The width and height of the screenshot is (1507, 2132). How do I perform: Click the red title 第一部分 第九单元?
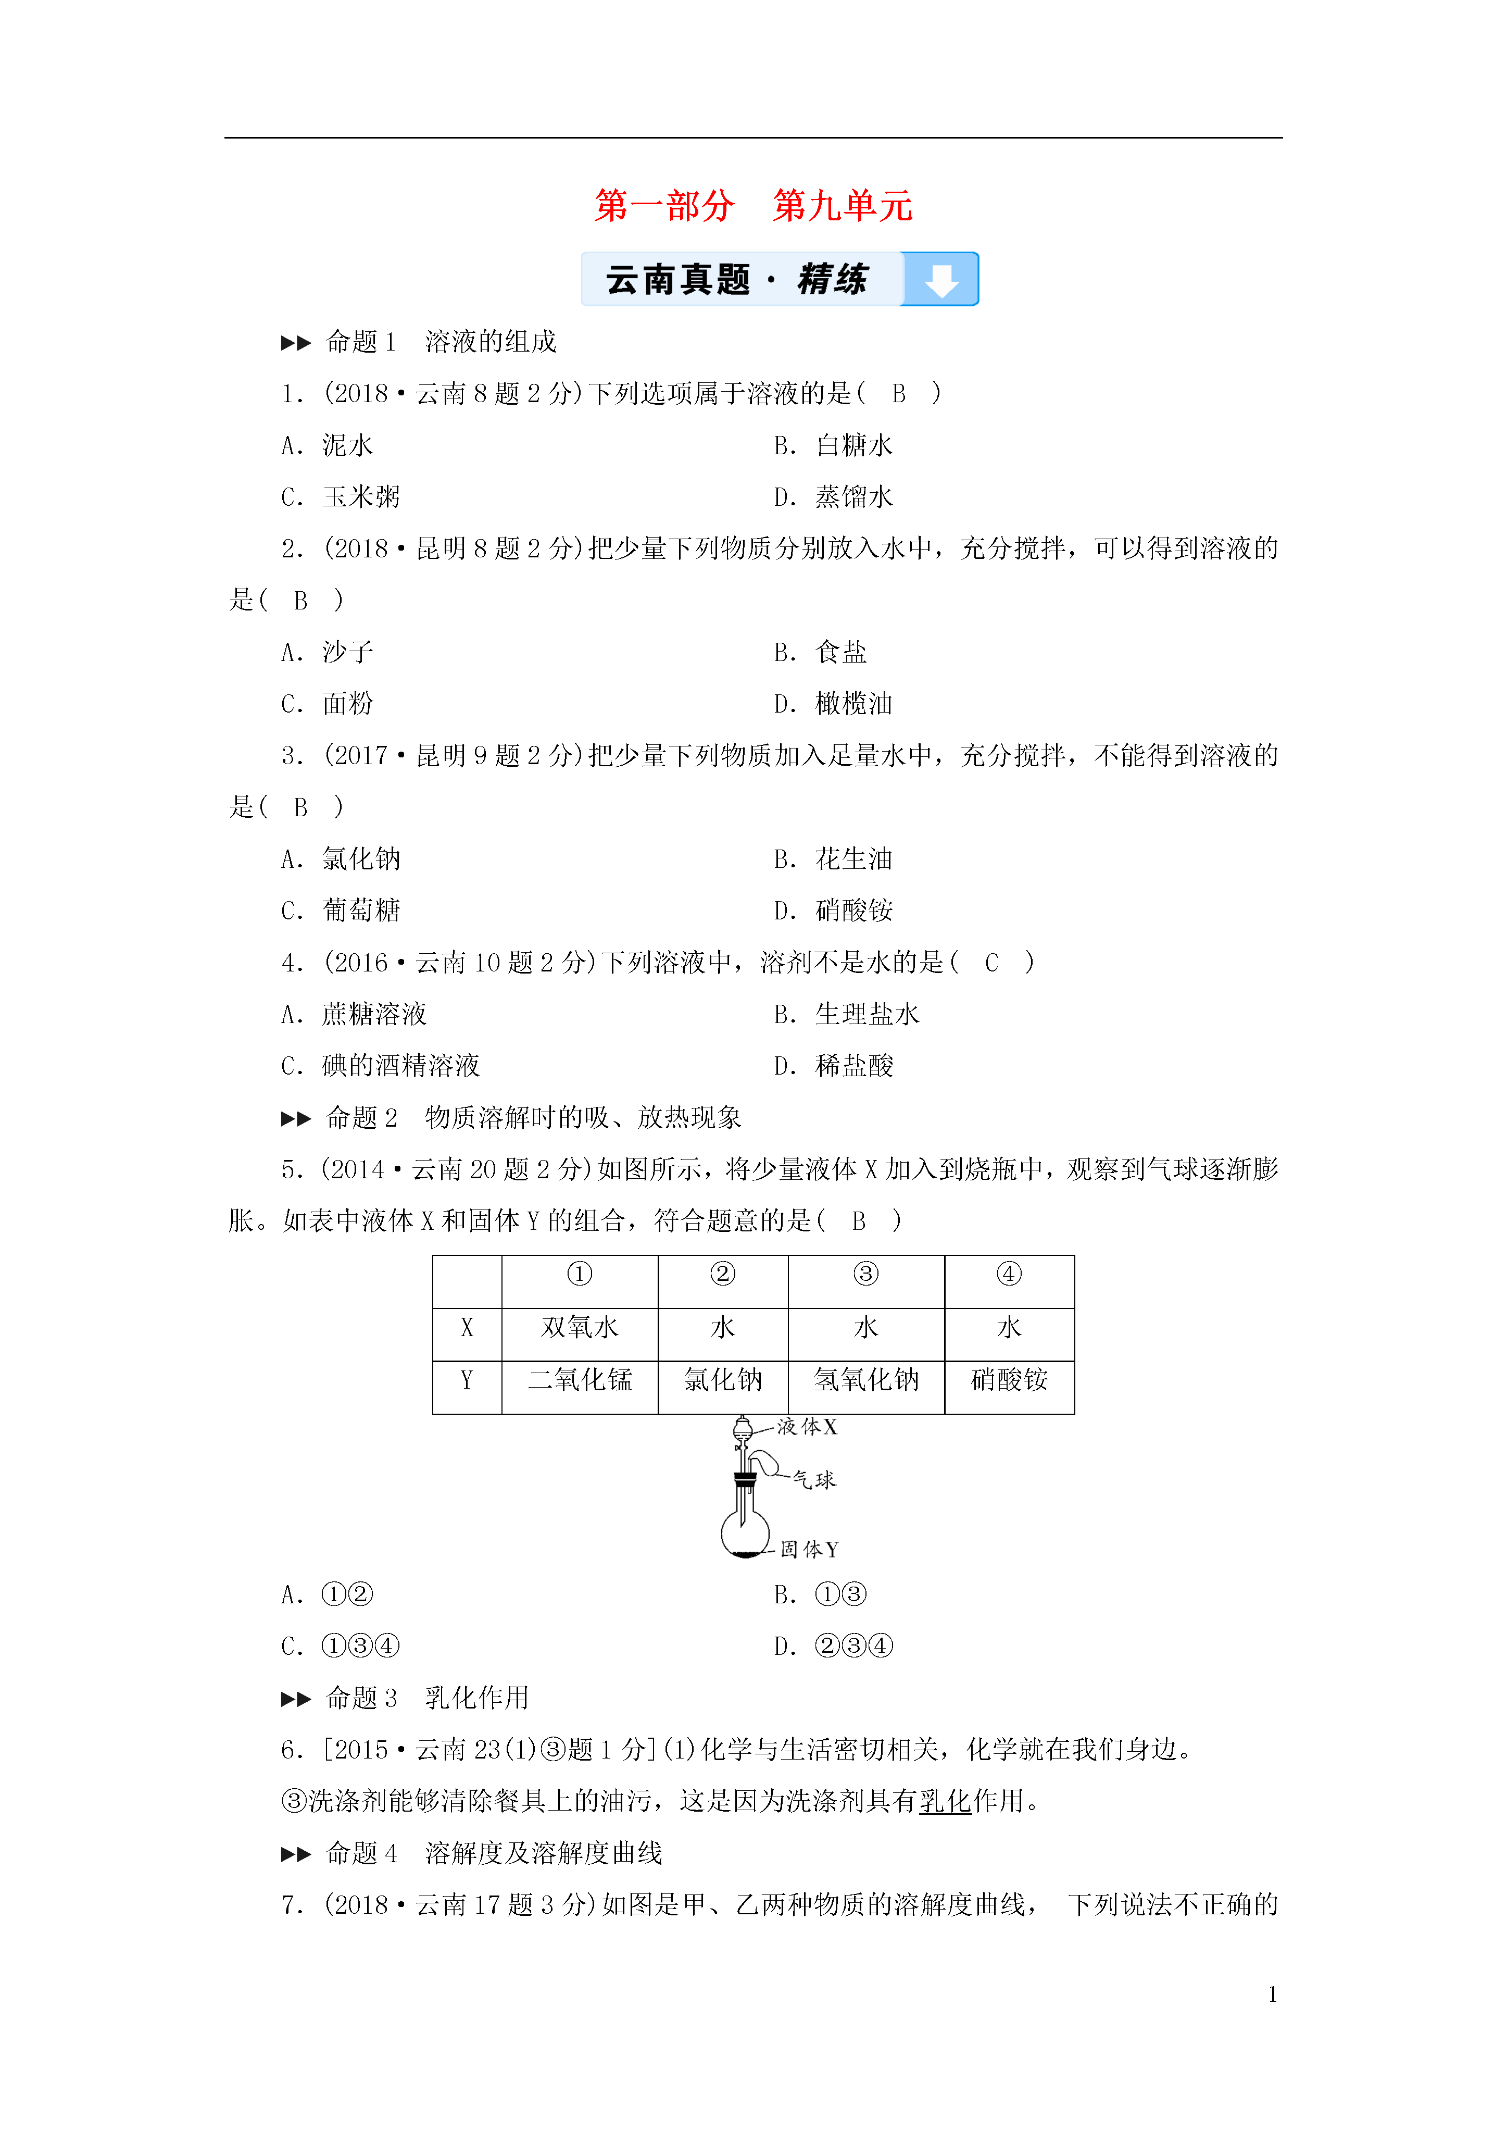[x=753, y=205]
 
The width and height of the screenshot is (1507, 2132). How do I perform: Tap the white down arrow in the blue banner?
[x=940, y=280]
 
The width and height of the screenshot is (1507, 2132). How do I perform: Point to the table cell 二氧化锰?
[x=580, y=1380]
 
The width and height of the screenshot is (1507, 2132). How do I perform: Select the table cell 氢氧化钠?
[x=865, y=1380]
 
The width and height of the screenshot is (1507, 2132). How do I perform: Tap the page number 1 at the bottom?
[x=1272, y=1993]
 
